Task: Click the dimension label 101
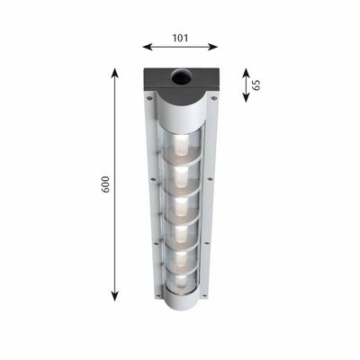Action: [180, 38]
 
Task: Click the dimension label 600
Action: [105, 184]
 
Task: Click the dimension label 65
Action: [256, 85]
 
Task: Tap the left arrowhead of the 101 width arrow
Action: [148, 47]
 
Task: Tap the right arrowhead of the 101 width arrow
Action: [212, 47]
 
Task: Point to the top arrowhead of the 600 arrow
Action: [115, 73]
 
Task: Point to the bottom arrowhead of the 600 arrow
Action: [115, 296]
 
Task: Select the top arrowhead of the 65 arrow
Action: [246, 73]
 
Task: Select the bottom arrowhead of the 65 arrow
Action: [246, 97]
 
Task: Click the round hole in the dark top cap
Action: [181, 76]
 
